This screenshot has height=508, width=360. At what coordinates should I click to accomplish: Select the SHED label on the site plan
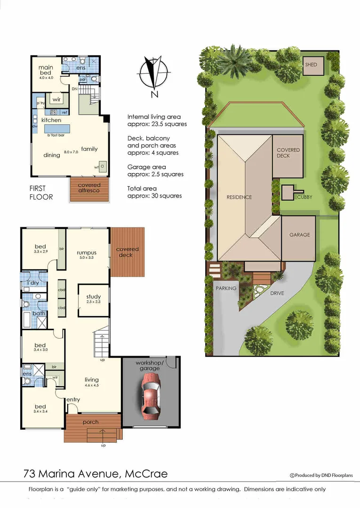[311, 65]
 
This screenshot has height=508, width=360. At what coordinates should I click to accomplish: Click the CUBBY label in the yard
[304, 197]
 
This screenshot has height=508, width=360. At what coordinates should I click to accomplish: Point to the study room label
[93, 296]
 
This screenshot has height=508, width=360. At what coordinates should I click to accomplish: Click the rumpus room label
[86, 253]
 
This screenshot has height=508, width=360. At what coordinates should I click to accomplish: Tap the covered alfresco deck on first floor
[89, 188]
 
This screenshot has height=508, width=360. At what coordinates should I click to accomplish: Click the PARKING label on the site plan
[226, 288]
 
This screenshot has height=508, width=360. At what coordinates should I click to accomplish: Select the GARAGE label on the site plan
[300, 234]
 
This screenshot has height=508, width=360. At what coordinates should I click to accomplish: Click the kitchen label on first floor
[51, 120]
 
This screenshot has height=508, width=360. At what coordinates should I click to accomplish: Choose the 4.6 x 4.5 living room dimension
[91, 386]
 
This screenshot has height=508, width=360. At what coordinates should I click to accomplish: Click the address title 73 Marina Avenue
[95, 473]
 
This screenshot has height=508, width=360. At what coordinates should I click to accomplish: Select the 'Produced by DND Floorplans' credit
[321, 475]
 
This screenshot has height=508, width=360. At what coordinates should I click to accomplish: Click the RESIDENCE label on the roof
[239, 197]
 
